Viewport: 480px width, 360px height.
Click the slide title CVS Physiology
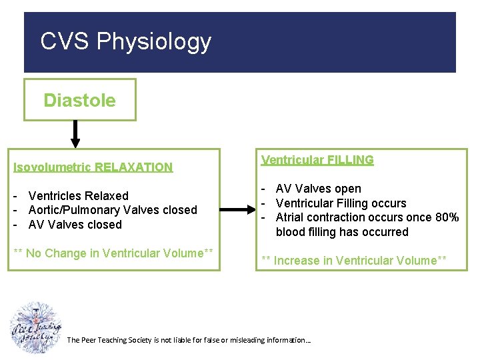point(125,41)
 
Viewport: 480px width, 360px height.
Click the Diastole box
point(79,100)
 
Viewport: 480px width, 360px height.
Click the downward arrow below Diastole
point(75,133)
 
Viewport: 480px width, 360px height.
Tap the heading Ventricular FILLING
point(317,160)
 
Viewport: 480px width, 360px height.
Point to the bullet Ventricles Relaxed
point(78,195)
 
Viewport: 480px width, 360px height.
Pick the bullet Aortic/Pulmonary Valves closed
point(112,210)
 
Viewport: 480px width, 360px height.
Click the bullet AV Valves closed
point(75,225)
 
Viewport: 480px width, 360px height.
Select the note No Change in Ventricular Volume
point(114,253)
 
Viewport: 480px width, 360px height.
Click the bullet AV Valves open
point(318,189)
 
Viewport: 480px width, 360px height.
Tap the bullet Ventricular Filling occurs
point(341,203)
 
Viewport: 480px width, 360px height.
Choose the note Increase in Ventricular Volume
point(353,261)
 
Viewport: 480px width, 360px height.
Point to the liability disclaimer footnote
point(189,340)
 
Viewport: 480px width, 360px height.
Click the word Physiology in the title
point(154,41)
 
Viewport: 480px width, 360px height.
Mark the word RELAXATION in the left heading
point(133,167)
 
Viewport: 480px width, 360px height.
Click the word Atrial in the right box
point(291,217)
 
